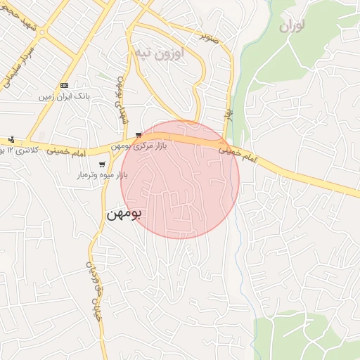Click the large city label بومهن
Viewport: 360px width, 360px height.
coord(124,213)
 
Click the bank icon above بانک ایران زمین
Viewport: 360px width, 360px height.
coord(65,84)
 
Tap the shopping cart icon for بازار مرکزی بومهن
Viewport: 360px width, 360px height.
coord(139,134)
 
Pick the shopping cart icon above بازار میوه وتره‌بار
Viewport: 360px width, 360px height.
coord(103,165)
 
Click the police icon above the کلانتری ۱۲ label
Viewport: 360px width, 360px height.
coord(11,139)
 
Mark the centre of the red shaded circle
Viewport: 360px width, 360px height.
coord(180,180)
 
